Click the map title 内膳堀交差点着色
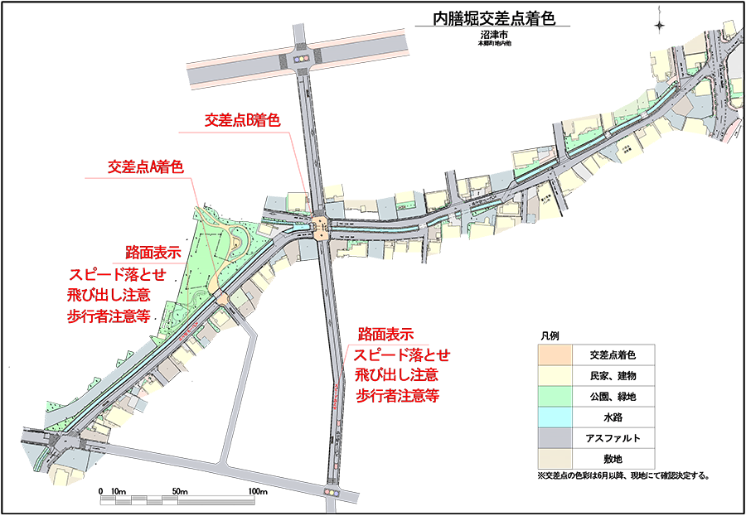click(x=493, y=18)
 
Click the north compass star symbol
click(x=659, y=25)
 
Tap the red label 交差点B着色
click(x=243, y=121)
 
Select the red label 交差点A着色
click(x=145, y=166)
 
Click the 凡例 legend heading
click(x=550, y=337)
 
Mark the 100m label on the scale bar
click(x=258, y=492)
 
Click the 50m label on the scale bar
click(x=181, y=492)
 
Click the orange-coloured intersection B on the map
click(x=322, y=226)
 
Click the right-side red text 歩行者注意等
click(x=397, y=396)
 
